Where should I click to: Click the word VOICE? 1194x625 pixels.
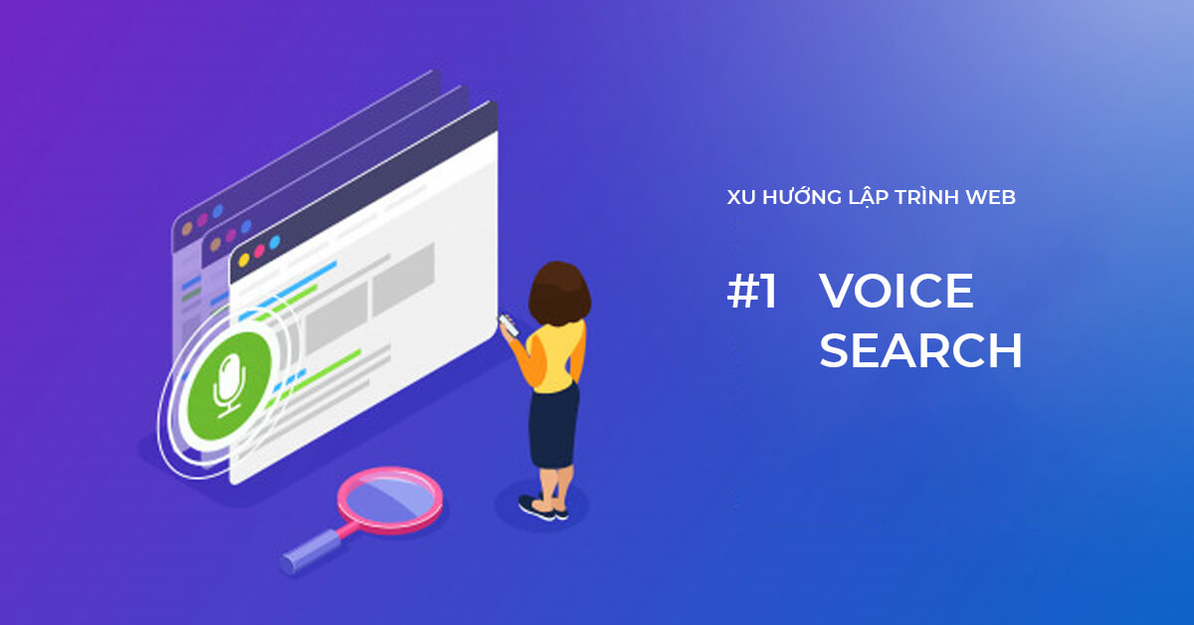click(x=895, y=292)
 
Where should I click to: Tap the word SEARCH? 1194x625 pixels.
click(x=920, y=351)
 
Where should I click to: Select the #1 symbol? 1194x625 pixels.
click(x=752, y=292)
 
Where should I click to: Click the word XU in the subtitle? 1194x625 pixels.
click(x=741, y=197)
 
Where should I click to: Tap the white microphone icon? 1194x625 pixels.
click(x=230, y=383)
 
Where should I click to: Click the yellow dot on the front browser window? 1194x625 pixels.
click(x=243, y=262)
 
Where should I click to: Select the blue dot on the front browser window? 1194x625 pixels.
click(x=275, y=243)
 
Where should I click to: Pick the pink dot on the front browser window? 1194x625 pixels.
click(x=259, y=252)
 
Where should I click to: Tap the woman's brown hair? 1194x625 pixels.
click(x=558, y=291)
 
